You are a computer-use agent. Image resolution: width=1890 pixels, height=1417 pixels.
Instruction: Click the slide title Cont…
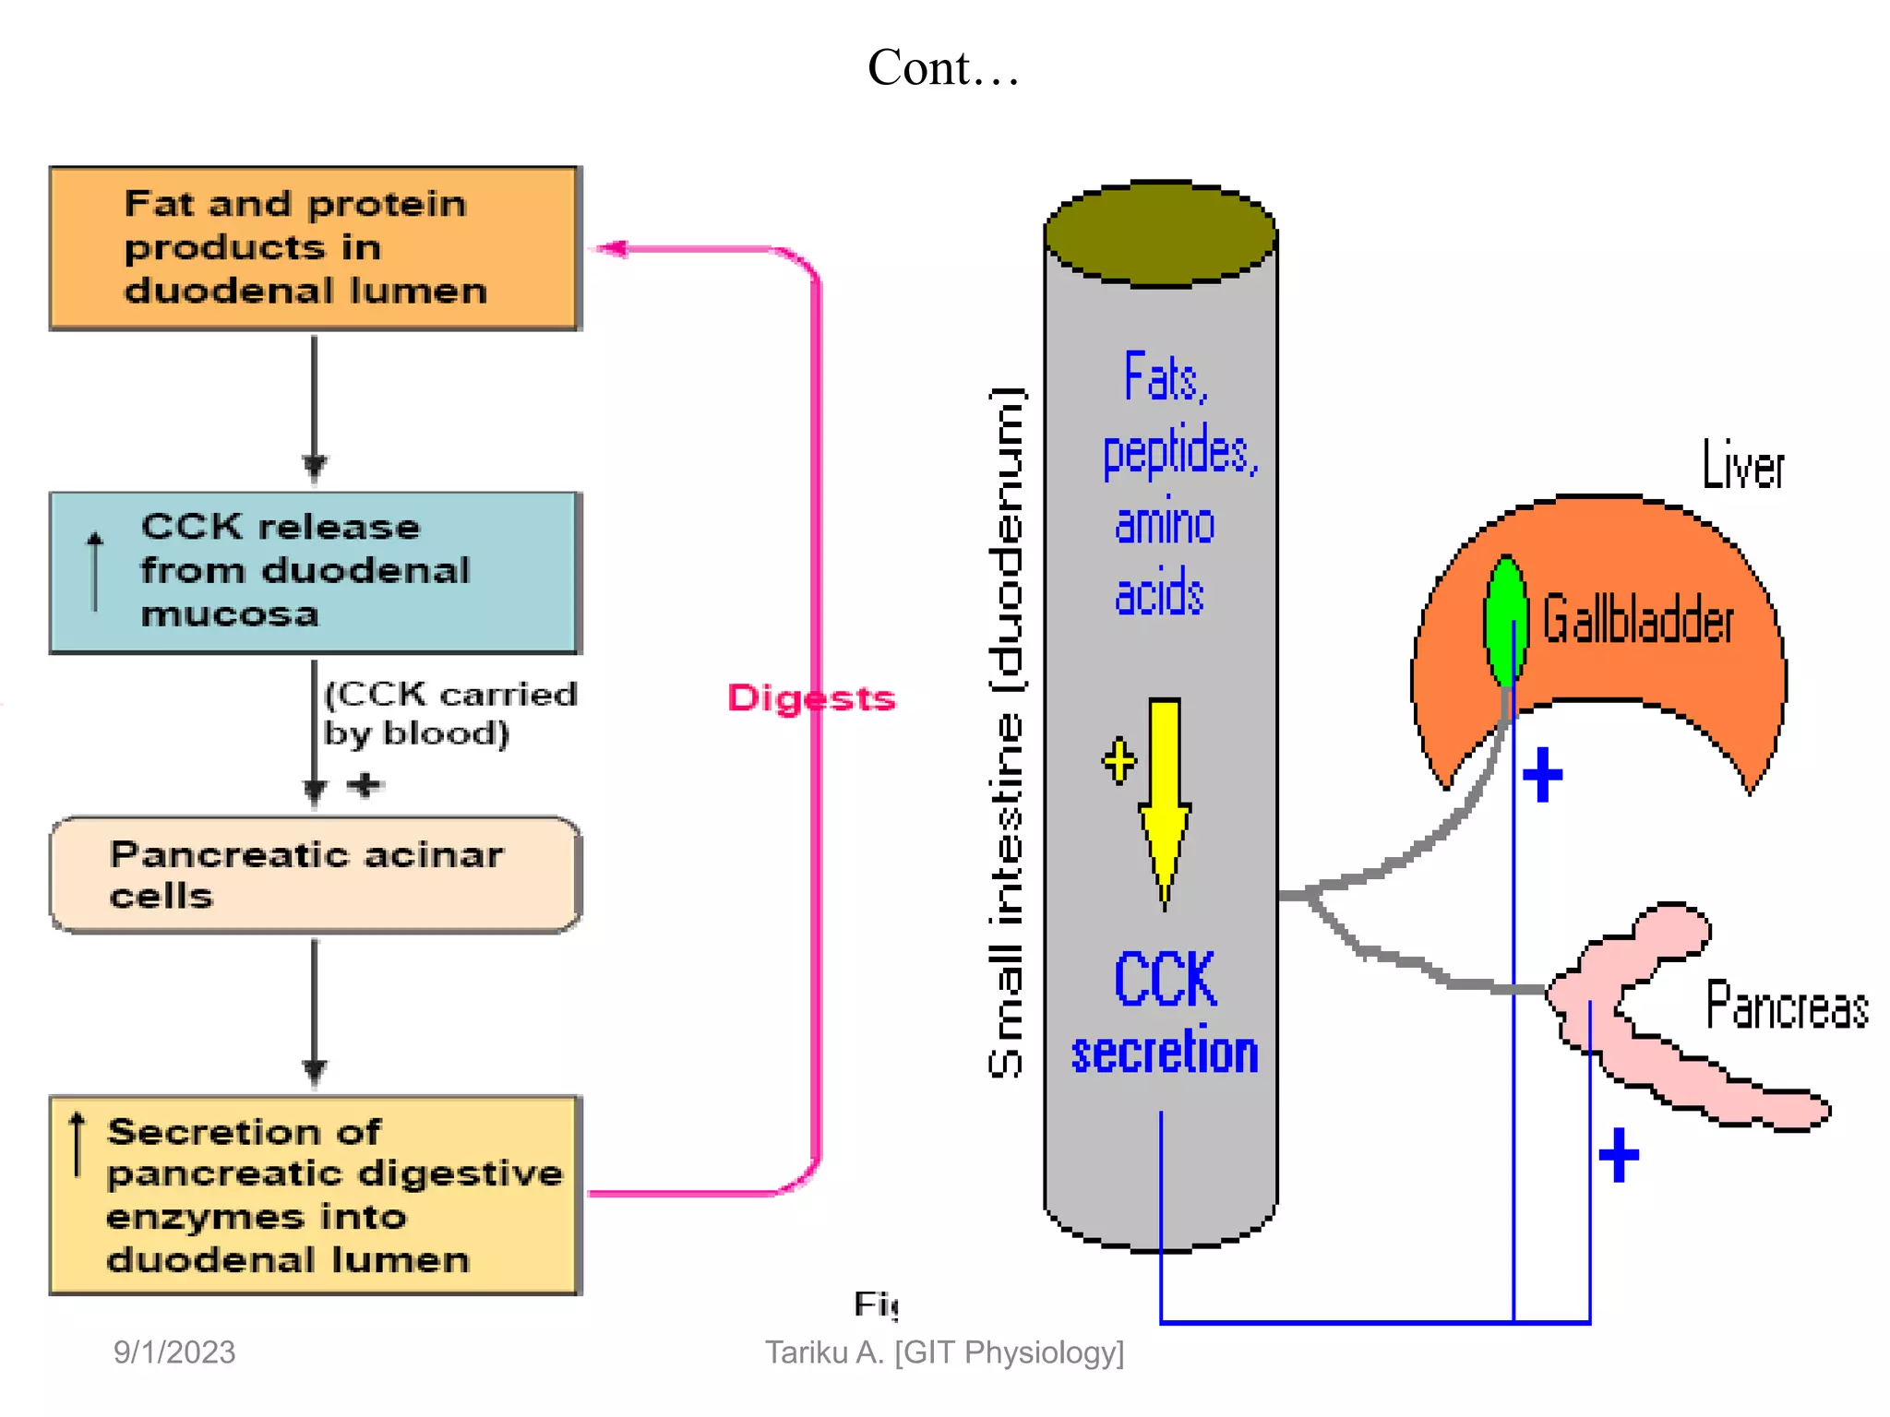[943, 68]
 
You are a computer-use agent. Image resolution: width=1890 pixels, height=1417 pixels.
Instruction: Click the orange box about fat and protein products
[314, 247]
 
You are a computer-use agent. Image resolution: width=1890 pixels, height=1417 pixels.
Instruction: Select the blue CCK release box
[314, 572]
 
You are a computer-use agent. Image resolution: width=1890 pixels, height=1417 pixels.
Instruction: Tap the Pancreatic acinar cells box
[314, 874]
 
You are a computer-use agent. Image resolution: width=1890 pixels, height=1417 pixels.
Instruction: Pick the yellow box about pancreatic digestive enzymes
[314, 1195]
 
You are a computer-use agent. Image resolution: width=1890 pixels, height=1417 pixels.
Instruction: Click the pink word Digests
[810, 698]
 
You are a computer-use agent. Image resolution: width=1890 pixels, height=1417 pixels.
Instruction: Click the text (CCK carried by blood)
[449, 713]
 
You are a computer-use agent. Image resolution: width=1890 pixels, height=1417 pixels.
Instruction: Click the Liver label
[1742, 466]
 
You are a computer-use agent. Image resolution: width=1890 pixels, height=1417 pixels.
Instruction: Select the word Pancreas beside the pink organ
[1786, 1006]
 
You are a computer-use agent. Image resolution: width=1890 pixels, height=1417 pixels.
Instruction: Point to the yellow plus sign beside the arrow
[1119, 761]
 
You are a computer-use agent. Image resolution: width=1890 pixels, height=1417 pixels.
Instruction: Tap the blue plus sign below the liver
[1542, 774]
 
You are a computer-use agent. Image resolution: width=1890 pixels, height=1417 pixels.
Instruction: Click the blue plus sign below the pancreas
[1619, 1154]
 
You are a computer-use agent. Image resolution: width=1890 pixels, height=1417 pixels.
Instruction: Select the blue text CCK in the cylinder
[1165, 980]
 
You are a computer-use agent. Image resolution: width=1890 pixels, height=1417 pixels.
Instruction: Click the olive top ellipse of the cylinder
[1161, 232]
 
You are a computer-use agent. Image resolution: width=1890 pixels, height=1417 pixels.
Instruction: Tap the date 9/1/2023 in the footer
[174, 1352]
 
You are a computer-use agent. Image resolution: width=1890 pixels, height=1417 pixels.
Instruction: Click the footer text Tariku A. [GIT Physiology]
[944, 1352]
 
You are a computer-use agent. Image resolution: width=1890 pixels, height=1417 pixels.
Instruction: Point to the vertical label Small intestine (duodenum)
[1006, 733]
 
